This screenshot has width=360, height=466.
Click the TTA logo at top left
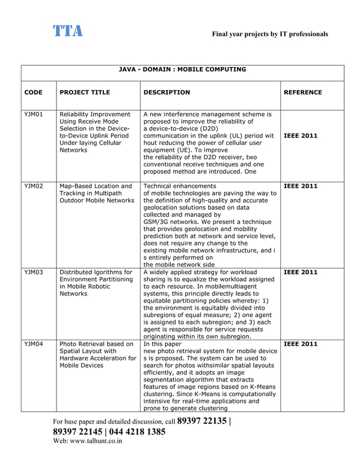click(x=68, y=31)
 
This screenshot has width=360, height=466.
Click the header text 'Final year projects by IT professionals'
click(x=270, y=34)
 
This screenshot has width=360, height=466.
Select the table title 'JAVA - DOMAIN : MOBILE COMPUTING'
click(x=182, y=70)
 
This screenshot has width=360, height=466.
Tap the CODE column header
click(x=33, y=93)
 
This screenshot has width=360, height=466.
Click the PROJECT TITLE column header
click(x=85, y=93)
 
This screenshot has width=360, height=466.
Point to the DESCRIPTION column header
click(x=166, y=93)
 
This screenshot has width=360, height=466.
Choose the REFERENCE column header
click(x=302, y=93)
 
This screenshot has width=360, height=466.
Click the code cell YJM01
click(x=34, y=115)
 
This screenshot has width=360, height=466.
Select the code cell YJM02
click(x=34, y=186)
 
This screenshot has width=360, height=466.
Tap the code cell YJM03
click(x=34, y=272)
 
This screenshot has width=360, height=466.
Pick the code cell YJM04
click(x=34, y=344)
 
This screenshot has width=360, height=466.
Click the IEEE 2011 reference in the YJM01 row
click(x=300, y=136)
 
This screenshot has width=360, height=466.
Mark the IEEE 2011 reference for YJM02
click(x=300, y=186)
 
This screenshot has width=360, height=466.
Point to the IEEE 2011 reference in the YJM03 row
click(x=300, y=272)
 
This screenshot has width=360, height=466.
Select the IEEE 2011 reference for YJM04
click(x=300, y=344)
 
